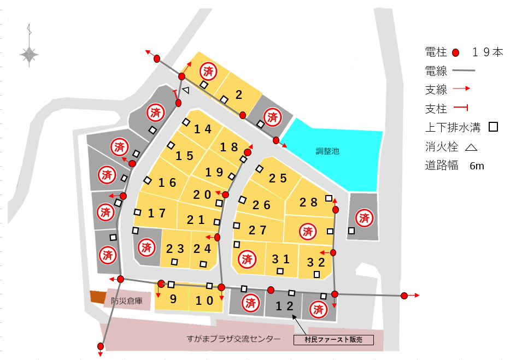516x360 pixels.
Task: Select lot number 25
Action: pos(278,178)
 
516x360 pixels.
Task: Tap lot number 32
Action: pos(317,262)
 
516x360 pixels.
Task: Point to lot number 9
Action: pos(173,299)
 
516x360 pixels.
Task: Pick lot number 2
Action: pos(239,95)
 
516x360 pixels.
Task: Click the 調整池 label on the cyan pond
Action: pos(328,151)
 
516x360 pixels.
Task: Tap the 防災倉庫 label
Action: pos(126,300)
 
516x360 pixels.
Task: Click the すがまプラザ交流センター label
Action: pos(233,339)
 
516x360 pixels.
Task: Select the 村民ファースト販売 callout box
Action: pos(333,340)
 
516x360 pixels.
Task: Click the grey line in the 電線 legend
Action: pos(464,70)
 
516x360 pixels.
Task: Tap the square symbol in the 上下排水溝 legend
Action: pos(493,127)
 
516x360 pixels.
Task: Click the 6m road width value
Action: pos(477,166)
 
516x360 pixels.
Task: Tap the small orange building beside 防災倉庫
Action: pos(97,296)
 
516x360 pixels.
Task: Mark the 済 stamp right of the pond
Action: pos(364,218)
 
